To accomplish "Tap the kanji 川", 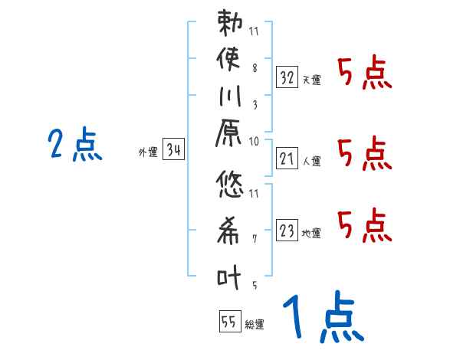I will point(231,99).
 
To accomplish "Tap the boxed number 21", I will point(287,159).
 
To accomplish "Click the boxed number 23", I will point(287,231).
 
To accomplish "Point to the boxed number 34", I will point(174,151).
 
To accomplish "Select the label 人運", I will point(311,162).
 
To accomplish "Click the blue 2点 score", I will point(75,145).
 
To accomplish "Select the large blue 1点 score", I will point(322,318).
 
